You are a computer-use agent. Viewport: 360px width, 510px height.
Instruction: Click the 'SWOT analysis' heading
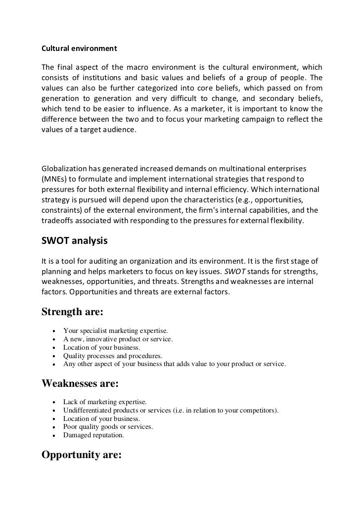74,242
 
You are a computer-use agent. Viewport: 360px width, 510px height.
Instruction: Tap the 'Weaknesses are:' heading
81,383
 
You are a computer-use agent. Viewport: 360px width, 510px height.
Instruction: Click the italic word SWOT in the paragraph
258,272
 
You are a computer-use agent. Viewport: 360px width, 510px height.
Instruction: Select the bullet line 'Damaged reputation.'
93,436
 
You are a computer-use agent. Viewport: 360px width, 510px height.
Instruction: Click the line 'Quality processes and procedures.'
113,356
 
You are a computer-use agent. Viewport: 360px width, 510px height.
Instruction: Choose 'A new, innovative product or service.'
118,339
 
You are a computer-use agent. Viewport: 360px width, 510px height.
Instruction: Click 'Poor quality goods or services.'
108,427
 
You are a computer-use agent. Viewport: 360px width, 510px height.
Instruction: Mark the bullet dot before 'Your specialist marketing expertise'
52,331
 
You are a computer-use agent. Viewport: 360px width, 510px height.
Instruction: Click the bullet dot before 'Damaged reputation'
52,436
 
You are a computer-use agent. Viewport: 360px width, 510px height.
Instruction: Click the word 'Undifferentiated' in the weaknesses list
87,410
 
